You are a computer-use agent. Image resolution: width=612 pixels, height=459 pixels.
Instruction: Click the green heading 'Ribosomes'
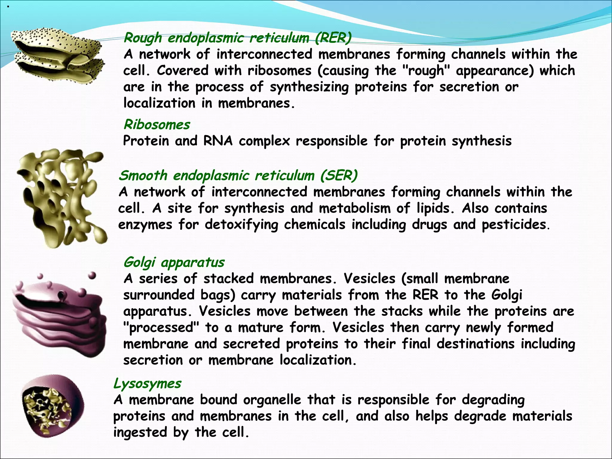(x=157, y=125)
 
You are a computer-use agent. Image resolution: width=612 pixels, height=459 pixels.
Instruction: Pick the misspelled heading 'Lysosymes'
(x=147, y=383)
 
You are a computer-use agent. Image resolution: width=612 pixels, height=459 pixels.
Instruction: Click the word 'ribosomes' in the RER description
(x=279, y=71)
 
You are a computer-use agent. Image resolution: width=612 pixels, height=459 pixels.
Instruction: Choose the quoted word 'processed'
(x=161, y=328)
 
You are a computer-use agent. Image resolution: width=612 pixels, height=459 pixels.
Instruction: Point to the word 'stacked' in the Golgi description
(x=229, y=279)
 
